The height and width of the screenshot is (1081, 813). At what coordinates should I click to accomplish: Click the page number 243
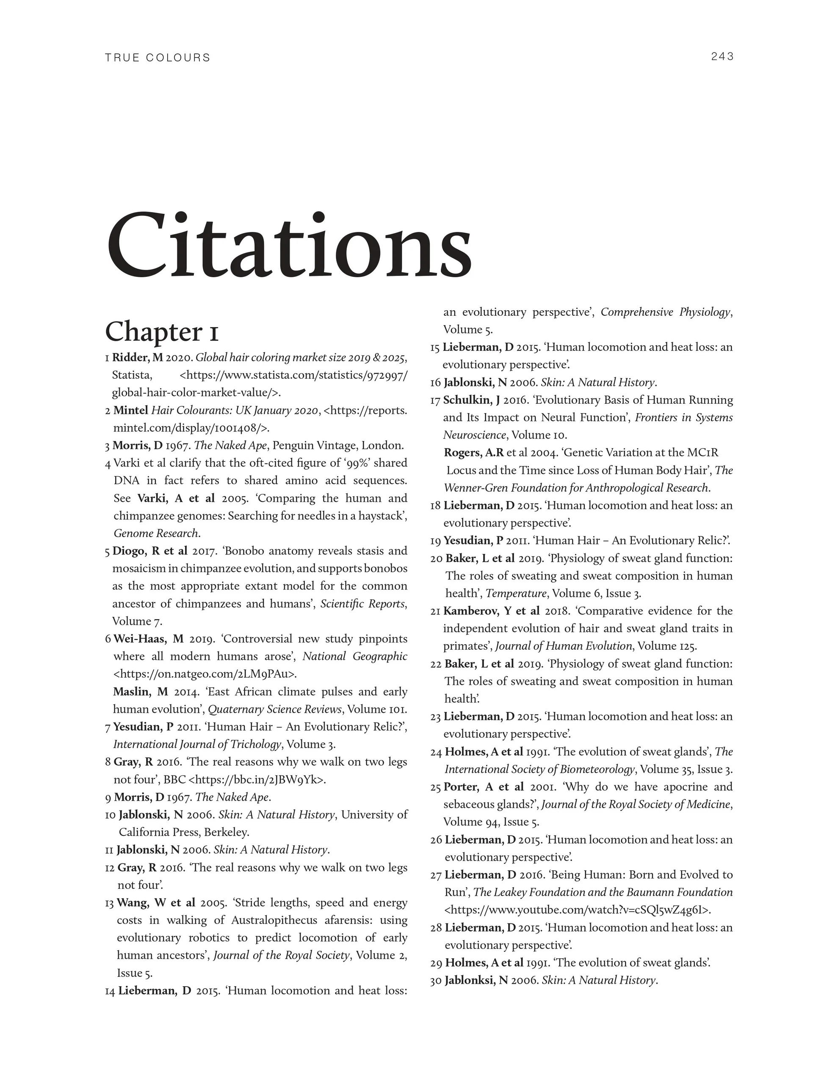coord(722,57)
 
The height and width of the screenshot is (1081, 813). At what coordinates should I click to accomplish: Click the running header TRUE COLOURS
coord(158,58)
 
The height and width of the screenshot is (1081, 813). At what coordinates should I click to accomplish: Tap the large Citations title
coord(289,244)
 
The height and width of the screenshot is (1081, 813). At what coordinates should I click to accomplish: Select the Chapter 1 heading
coord(162,332)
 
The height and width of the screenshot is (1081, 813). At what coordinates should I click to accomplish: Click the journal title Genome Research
coord(156,534)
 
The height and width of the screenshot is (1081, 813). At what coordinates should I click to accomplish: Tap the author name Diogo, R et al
coord(149,551)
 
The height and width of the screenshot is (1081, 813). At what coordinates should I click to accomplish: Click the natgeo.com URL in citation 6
coord(205,674)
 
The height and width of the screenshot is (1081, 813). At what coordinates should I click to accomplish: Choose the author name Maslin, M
coord(140,692)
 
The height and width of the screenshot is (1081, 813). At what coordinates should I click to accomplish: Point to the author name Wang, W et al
coord(155,903)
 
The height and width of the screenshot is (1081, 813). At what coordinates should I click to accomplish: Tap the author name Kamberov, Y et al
coord(491,611)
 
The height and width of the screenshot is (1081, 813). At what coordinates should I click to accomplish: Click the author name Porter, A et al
coord(484,787)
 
